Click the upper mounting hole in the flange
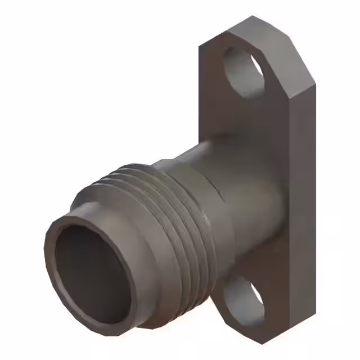[243, 72]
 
